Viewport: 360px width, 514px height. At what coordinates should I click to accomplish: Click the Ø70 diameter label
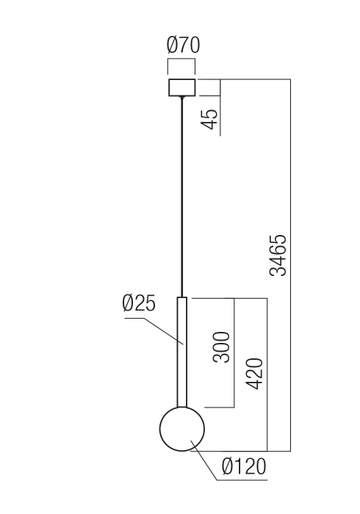(183, 46)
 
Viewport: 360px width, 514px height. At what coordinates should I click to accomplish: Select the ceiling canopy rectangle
(182, 87)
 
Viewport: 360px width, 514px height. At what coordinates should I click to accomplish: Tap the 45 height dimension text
(209, 120)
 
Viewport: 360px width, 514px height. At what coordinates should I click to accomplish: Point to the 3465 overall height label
(278, 256)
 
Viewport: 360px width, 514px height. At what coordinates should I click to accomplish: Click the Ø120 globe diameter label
(243, 467)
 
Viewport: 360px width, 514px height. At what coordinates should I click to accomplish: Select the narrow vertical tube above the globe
(182, 352)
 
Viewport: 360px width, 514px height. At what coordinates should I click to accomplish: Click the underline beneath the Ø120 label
(243, 479)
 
